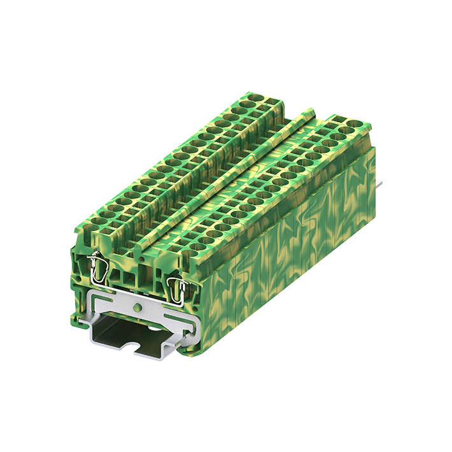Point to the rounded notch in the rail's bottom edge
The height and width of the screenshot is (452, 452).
pos(139,351)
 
